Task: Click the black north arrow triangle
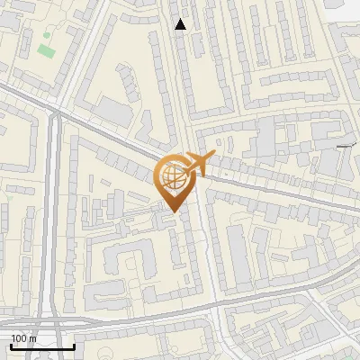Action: click(181, 24)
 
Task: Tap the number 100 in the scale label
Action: click(20, 338)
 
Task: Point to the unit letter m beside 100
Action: click(33, 338)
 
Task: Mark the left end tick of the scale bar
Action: click(11, 345)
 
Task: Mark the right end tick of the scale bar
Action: click(74, 345)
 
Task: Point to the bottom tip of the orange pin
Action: click(175, 212)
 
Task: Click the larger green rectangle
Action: click(45, 48)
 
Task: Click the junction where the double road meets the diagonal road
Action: click(56, 112)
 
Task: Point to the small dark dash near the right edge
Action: click(346, 145)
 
